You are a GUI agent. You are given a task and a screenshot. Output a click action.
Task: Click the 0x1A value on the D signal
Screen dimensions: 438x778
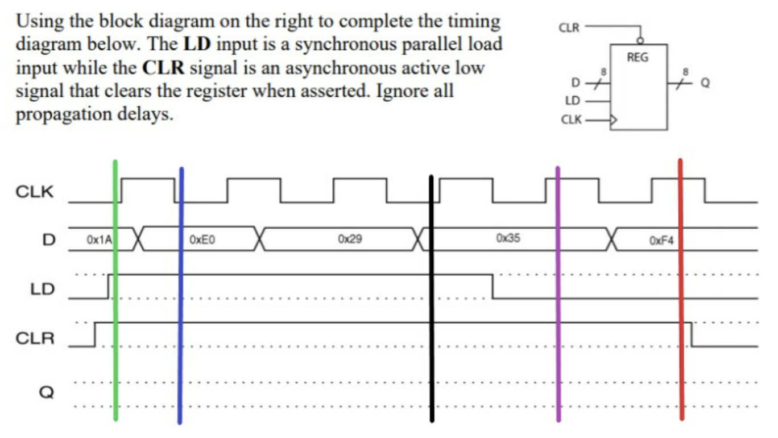pyautogui.click(x=98, y=241)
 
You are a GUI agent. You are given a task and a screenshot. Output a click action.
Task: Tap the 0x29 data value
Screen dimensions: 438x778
pyautogui.click(x=349, y=239)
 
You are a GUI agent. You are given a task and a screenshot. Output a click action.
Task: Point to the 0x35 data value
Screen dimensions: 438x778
pyautogui.click(x=508, y=238)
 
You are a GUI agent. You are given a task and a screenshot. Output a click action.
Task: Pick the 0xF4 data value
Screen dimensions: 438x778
pyautogui.click(x=661, y=241)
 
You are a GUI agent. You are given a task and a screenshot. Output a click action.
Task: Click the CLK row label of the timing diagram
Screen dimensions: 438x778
pyautogui.click(x=35, y=192)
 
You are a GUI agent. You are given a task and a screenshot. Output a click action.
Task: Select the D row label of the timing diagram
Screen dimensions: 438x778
pyautogui.click(x=49, y=239)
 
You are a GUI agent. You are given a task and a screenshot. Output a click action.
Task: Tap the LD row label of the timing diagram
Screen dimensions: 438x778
pyautogui.click(x=43, y=289)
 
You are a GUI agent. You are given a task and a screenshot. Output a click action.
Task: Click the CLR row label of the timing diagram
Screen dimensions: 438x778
pyautogui.click(x=35, y=338)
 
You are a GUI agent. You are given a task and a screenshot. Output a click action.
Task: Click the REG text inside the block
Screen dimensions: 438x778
pyautogui.click(x=638, y=57)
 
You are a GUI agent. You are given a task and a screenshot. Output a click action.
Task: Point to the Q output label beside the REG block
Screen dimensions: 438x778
pyautogui.click(x=705, y=83)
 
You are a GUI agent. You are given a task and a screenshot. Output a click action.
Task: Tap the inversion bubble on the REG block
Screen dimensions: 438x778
pyautogui.click(x=640, y=40)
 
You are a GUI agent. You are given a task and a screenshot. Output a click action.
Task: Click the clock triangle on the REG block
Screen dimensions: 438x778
pyautogui.click(x=614, y=120)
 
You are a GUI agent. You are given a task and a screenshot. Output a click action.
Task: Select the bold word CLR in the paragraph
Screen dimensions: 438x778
pyautogui.click(x=163, y=68)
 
